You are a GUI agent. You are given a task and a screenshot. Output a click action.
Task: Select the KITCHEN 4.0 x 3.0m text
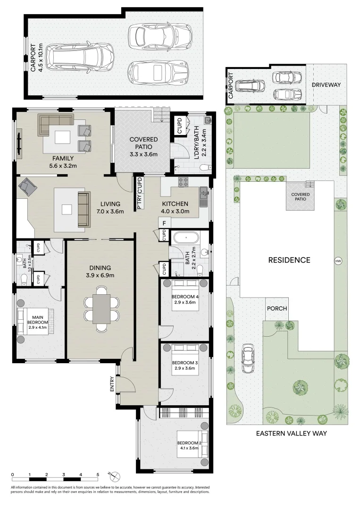(x=174, y=208)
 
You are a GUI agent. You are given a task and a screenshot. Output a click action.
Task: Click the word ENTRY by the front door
(x=112, y=383)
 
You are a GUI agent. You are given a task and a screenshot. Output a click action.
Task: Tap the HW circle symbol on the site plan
(x=337, y=261)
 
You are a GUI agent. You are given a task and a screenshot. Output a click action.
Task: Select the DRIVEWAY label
(x=327, y=85)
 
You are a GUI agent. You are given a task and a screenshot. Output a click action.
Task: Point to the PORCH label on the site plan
(x=277, y=308)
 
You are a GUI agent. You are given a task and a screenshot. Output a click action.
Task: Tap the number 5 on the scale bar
(x=98, y=474)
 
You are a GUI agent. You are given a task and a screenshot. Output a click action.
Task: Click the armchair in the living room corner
(x=27, y=187)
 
